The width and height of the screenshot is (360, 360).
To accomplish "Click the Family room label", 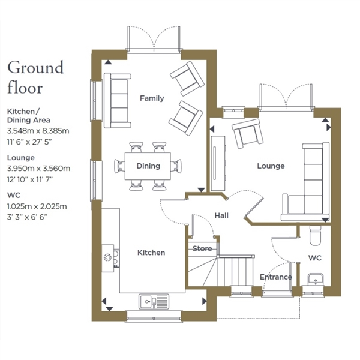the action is [x=152, y=98].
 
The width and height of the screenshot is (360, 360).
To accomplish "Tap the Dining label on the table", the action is [x=148, y=166].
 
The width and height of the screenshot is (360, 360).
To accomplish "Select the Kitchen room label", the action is [x=151, y=253].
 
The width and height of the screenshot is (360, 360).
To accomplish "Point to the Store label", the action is [x=202, y=248].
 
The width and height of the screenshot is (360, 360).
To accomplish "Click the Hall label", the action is [x=221, y=215].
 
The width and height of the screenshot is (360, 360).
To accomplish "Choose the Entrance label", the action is [x=276, y=277].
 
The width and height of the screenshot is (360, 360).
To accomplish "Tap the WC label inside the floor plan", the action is [x=315, y=258].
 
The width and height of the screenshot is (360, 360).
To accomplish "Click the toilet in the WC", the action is [x=316, y=235].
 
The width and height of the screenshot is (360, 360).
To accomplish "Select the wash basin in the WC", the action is [x=316, y=280].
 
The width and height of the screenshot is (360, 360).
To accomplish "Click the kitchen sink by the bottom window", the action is [x=154, y=301].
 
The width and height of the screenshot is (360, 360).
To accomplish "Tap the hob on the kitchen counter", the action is [x=116, y=258].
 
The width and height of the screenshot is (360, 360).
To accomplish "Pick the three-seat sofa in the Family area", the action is [x=118, y=100].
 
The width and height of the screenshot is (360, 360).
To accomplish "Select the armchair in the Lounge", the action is [x=247, y=133].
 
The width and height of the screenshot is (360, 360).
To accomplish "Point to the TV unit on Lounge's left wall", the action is [x=218, y=163].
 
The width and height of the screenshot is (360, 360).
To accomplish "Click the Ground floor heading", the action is [x=35, y=77].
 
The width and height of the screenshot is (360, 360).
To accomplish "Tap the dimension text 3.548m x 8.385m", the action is [x=38, y=131].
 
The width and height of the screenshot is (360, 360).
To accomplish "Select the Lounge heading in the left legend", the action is [x=21, y=158].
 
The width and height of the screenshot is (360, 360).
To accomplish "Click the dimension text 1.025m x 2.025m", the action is [x=37, y=206].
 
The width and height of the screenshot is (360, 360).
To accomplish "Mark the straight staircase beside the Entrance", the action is [x=236, y=271].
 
